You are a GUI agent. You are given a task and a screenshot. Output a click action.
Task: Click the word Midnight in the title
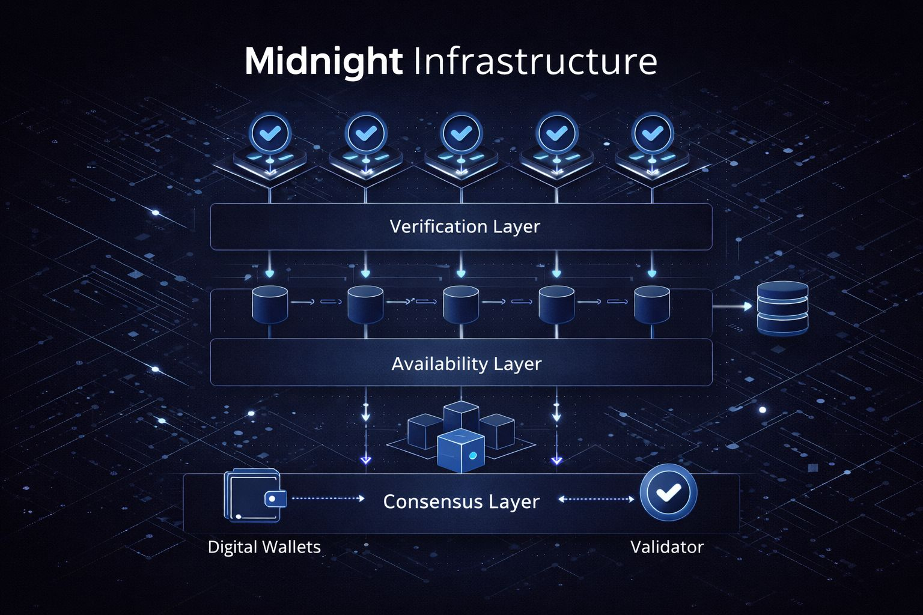(323, 61)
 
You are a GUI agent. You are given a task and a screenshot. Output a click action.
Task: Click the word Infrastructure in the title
(535, 61)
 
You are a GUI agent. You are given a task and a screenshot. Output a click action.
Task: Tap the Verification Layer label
(465, 226)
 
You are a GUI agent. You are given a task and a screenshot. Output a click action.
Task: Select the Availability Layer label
(466, 363)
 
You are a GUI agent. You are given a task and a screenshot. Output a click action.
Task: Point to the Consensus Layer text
(461, 501)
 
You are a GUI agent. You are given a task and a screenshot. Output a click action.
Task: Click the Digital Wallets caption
(264, 547)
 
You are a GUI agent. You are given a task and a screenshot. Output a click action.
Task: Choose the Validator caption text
(667, 547)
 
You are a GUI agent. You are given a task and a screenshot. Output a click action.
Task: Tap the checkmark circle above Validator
(668, 492)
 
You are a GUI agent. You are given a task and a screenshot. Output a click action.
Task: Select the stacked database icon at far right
(782, 307)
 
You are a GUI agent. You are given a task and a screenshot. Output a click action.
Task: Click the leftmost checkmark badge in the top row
(270, 133)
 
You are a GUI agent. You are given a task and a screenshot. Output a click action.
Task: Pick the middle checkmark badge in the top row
(461, 133)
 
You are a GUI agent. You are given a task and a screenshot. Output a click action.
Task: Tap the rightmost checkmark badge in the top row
(653, 133)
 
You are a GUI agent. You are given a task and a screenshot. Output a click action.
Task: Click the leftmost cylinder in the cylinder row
(270, 304)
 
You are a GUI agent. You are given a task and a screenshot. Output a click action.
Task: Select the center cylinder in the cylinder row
(461, 304)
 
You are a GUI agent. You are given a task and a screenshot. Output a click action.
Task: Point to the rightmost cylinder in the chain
(652, 304)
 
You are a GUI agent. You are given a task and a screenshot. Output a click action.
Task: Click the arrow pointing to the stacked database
(733, 306)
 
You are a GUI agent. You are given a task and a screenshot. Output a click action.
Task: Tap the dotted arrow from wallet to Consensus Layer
(327, 498)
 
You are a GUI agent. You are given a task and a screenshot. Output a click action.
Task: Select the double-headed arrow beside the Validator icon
(596, 499)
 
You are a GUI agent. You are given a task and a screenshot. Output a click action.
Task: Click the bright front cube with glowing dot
(461, 451)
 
